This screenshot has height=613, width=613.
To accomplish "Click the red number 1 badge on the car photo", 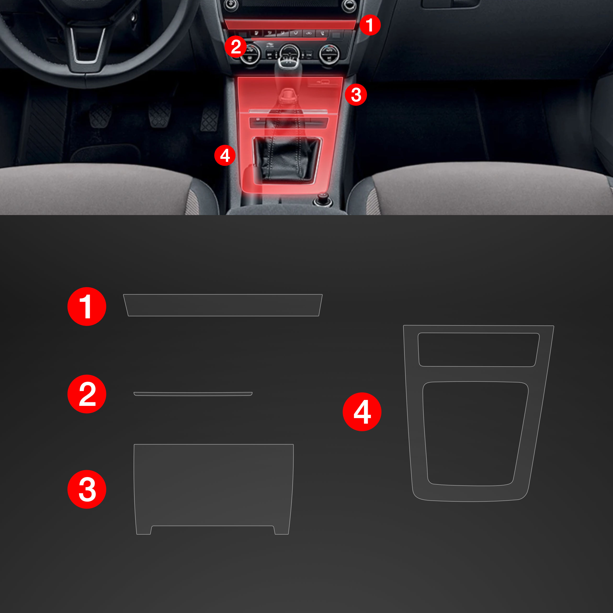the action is coord(370,24).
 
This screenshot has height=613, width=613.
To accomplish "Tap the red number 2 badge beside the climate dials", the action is coord(235,47).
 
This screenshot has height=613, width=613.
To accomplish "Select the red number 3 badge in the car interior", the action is coord(356,95).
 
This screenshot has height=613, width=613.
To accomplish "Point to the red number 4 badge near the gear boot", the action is coord(225,155).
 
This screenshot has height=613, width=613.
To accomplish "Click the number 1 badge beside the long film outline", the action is coord(87,306).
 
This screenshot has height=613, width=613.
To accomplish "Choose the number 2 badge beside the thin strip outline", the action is coord(87,394).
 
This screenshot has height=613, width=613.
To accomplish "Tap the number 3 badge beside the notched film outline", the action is coord(87,489).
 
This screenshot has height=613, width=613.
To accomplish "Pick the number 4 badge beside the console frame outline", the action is coord(362,412).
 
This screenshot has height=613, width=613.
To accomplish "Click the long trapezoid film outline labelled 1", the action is coord(223,305).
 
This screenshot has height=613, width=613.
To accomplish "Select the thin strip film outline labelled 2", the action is coord(193,394).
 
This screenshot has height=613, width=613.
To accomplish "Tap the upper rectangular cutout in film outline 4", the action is coord(478,349).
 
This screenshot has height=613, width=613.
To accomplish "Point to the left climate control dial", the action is coord(250,55).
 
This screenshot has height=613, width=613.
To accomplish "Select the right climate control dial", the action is coord(329,54).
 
